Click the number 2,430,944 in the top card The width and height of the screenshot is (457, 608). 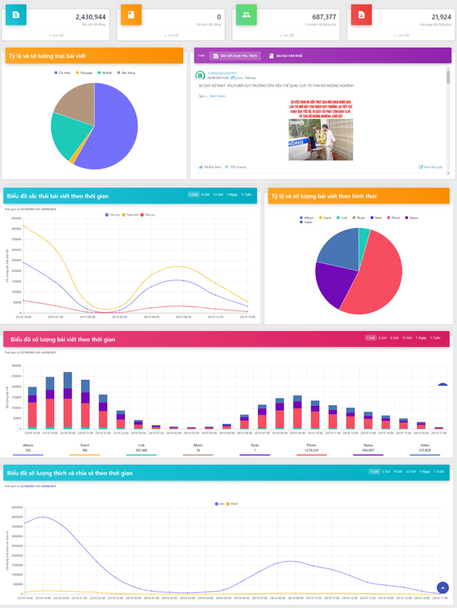point(90,17)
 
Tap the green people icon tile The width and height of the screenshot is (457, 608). point(246,15)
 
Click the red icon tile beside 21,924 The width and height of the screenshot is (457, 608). point(361,15)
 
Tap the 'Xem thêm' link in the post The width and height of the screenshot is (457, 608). point(217,96)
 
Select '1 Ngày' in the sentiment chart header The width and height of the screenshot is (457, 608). point(232,195)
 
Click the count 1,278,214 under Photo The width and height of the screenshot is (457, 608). point(311,450)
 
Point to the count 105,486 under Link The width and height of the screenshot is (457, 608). point(141,450)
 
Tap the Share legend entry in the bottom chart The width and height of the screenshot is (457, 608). point(234,503)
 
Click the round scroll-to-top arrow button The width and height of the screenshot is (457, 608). point(442,587)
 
